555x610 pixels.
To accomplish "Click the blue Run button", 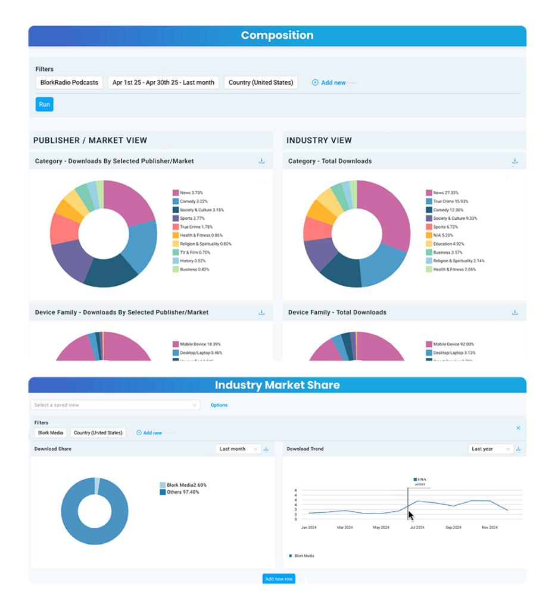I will tap(44, 104).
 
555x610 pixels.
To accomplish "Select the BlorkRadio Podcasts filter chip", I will tap(69, 82).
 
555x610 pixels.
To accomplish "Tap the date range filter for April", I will tap(164, 82).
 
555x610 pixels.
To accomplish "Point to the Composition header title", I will tap(277, 35).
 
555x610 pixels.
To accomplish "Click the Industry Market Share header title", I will tap(277, 385).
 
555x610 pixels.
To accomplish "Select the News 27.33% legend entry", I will tap(445, 193).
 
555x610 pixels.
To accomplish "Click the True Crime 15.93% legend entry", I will tap(450, 201).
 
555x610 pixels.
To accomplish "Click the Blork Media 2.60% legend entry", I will tap(186, 485).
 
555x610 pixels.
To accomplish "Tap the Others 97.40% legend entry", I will tap(183, 492).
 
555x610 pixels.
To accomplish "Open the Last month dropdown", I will tap(238, 449).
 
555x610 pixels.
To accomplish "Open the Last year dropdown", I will tap(490, 449).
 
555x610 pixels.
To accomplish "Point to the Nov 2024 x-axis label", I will tap(489, 528).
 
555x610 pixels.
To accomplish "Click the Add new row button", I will tap(279, 579).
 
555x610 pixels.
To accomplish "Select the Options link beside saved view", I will tap(219, 405).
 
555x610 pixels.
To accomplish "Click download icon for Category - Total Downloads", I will tap(515, 161).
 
